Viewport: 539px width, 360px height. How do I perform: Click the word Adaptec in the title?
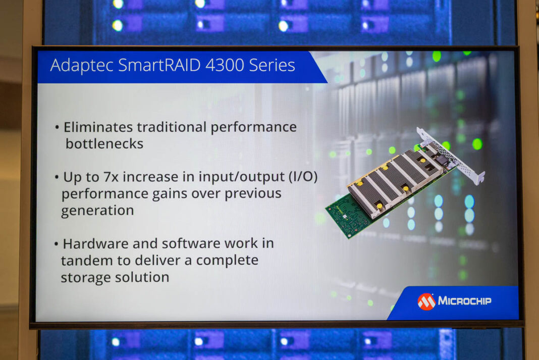click(80, 65)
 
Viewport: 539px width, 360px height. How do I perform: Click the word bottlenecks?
click(104, 143)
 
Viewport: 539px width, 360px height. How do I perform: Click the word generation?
click(97, 210)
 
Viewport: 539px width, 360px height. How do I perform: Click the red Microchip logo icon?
click(426, 301)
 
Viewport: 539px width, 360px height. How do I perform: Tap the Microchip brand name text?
click(464, 301)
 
